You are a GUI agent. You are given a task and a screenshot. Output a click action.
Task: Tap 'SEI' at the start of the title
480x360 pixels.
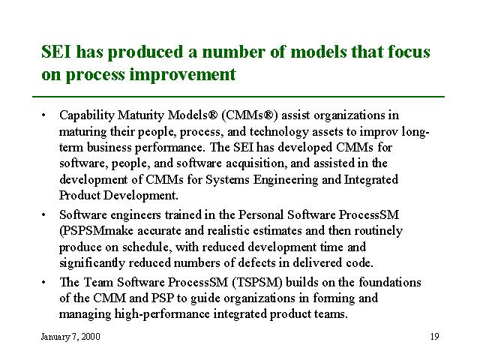click(x=56, y=52)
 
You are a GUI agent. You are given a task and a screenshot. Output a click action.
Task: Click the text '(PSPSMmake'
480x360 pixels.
click(x=97, y=231)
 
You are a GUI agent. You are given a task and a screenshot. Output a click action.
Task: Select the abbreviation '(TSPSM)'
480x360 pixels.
click(x=257, y=283)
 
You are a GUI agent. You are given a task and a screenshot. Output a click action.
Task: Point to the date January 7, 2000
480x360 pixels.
click(x=70, y=337)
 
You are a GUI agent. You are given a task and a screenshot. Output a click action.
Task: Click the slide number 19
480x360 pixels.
click(x=435, y=337)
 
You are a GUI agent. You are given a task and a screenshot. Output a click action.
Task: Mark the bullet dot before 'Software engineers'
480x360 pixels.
click(x=43, y=215)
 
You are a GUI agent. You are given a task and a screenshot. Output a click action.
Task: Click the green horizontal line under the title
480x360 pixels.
click(x=238, y=97)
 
